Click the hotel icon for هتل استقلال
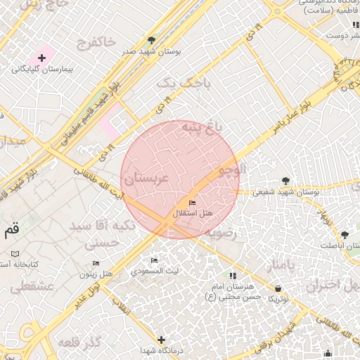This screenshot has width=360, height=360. [x=193, y=203]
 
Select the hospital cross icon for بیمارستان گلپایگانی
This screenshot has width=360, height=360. [x=41, y=57]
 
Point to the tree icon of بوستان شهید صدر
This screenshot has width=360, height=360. [x=152, y=40]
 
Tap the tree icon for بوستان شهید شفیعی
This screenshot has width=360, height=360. [x=285, y=181]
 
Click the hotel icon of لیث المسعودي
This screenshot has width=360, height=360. [x=155, y=260]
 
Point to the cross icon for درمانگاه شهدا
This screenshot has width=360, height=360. [x=162, y=340]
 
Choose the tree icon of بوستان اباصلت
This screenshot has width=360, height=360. [x=345, y=235]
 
